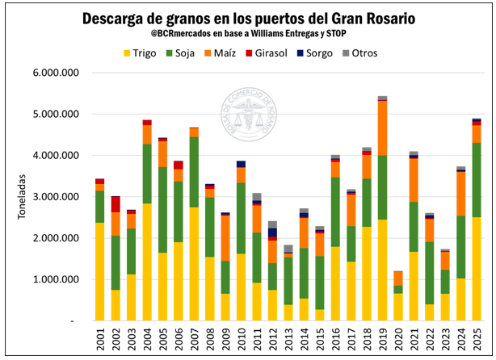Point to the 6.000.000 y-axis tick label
pos(54,73)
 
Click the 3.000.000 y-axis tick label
pos(54,197)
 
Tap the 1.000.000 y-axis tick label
pos(54,280)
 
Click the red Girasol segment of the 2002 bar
pos(116,203)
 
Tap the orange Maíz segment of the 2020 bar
pos(398,278)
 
